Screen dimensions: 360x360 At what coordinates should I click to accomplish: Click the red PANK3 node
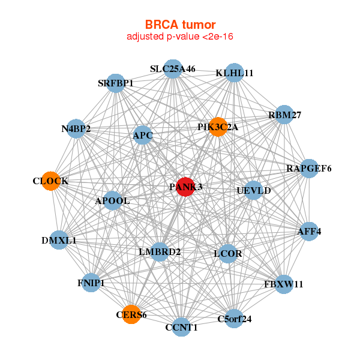click(186, 187)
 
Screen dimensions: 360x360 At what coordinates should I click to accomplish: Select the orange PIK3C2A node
click(218, 127)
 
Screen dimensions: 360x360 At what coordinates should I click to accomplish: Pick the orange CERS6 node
click(131, 314)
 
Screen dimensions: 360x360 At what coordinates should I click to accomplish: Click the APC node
click(143, 136)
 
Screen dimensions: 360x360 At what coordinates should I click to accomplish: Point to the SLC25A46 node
click(173, 69)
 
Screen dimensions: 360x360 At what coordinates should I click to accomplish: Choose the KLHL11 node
click(235, 73)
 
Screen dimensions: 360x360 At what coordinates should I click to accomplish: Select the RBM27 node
click(284, 115)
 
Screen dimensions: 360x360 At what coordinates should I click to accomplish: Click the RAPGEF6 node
click(308, 169)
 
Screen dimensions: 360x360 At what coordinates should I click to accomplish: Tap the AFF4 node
click(308, 231)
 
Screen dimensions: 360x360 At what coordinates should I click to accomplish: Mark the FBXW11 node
click(284, 284)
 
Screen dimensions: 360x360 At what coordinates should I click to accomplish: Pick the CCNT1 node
click(181, 327)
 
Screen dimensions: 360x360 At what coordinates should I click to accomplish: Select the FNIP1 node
click(91, 283)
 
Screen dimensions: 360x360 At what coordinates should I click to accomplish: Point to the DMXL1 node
click(59, 240)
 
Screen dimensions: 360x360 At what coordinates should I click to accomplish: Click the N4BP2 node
click(76, 128)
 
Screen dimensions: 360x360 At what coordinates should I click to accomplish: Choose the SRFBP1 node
click(115, 83)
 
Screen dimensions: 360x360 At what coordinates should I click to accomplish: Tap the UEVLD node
click(254, 191)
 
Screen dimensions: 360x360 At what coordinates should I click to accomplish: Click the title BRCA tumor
click(180, 25)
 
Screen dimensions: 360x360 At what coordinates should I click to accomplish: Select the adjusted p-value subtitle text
click(180, 37)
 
